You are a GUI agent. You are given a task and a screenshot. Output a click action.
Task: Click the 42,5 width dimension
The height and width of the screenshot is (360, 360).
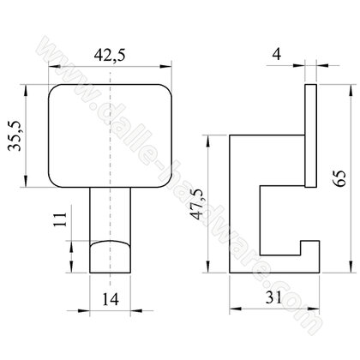point(110,55)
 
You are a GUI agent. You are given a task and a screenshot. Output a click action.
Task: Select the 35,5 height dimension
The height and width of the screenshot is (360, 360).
point(15,135)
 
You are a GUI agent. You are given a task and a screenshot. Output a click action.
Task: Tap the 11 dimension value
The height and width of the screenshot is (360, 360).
point(60,219)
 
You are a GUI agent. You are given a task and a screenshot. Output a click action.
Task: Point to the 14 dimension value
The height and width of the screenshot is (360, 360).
point(111,299)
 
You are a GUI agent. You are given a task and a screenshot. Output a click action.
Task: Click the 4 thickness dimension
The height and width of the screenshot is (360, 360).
point(277,54)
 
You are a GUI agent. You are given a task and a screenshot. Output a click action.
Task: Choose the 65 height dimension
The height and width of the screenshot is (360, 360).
point(340,178)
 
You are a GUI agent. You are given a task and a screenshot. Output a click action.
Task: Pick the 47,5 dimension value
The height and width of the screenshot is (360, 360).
point(199,204)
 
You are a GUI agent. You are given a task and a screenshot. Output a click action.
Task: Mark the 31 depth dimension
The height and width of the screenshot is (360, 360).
point(273,297)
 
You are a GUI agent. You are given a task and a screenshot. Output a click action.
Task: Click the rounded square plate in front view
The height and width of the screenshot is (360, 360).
point(110,136)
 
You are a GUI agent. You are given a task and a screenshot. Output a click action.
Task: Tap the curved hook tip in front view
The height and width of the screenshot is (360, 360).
point(111,257)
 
